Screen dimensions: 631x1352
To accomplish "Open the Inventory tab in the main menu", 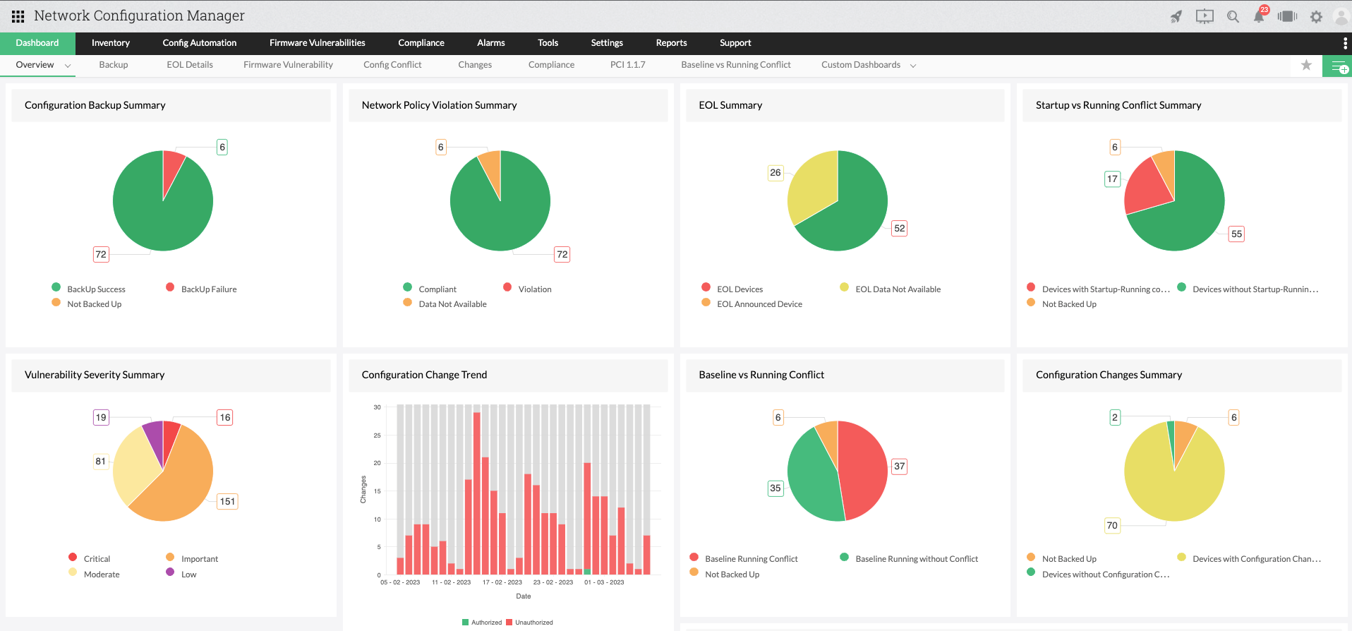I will [x=111, y=43].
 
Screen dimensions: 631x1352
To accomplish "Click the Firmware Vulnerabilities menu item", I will [x=317, y=43].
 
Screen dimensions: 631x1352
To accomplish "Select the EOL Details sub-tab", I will [x=190, y=65].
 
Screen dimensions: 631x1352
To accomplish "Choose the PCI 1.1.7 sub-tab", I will [x=627, y=65].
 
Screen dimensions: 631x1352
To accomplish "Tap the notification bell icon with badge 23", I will [x=1259, y=16].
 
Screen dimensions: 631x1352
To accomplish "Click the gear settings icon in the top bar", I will [x=1316, y=17].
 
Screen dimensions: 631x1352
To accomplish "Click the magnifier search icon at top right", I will [x=1233, y=17].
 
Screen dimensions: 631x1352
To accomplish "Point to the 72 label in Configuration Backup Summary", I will [x=101, y=254].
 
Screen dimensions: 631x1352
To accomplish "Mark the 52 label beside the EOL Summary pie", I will [x=899, y=228].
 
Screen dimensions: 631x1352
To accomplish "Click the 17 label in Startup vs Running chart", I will [x=1112, y=179].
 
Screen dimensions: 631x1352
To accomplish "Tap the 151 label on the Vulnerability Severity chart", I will [x=227, y=501].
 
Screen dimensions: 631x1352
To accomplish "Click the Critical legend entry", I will [x=97, y=559].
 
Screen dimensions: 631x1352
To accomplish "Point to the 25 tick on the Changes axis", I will [x=378, y=435].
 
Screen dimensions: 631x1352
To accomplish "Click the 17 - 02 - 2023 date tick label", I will [x=502, y=582].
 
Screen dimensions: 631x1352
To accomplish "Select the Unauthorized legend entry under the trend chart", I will [x=533, y=623].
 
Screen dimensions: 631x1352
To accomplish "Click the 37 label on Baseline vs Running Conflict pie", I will [x=899, y=466].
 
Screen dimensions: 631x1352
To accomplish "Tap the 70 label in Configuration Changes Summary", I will [x=1112, y=525].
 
